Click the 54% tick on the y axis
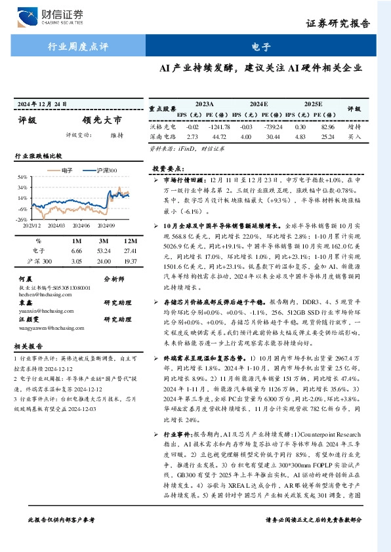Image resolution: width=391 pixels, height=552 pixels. (x=22, y=177)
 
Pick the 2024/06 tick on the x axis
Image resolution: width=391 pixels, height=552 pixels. (x=82, y=225)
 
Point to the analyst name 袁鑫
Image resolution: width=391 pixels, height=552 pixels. (x=24, y=303)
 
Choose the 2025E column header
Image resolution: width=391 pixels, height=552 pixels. (x=313, y=104)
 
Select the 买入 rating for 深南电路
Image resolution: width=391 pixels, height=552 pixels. (x=355, y=137)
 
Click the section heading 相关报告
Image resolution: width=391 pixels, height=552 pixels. (x=29, y=346)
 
